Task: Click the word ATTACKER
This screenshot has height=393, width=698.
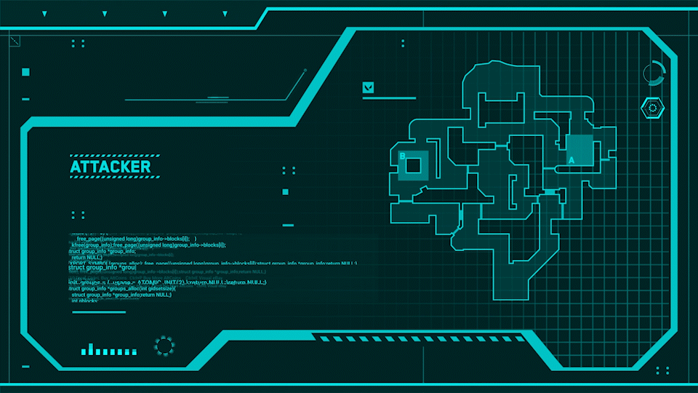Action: pyautogui.click(x=111, y=167)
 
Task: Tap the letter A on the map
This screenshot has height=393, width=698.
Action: pyautogui.click(x=571, y=159)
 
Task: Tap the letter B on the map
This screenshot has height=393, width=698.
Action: pyautogui.click(x=402, y=155)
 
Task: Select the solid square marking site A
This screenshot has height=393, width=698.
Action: pyautogui.click(x=579, y=150)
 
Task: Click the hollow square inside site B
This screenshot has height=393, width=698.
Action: pyautogui.click(x=413, y=165)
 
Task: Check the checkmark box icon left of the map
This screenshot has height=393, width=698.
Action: pyautogui.click(x=369, y=88)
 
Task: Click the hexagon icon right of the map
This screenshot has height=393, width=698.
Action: pyautogui.click(x=652, y=108)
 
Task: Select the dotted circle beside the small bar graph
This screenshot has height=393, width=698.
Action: pyautogui.click(x=165, y=346)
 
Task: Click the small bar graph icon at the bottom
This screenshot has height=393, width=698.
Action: pyautogui.click(x=108, y=349)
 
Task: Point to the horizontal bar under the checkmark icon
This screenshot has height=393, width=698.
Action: pyautogui.click(x=389, y=98)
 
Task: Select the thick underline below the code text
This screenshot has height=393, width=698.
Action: pyautogui.click(x=99, y=312)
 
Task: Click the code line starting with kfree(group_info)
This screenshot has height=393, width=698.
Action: pyautogui.click(x=148, y=245)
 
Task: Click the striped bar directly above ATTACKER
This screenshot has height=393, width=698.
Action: pyautogui.click(x=111, y=156)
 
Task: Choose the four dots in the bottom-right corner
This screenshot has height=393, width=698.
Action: pyautogui.click(x=662, y=370)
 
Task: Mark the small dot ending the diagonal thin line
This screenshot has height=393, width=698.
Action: pyautogui.click(x=305, y=71)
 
